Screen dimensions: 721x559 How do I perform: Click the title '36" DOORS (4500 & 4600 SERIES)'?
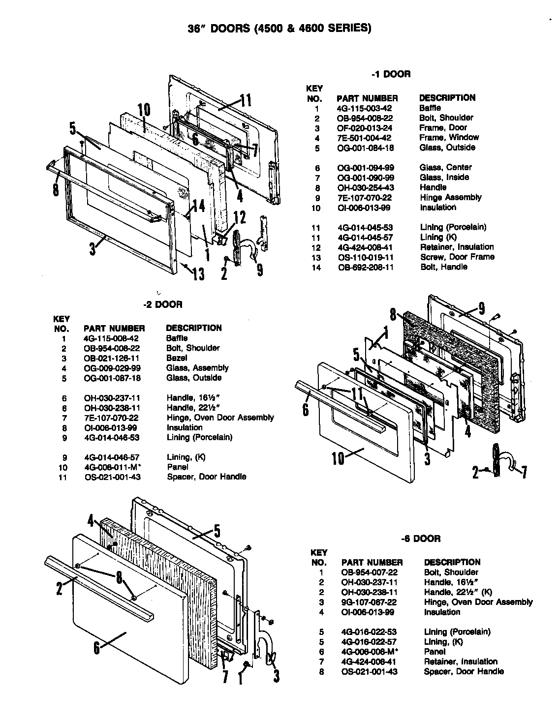(279, 28)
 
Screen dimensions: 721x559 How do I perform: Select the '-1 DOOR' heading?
(391, 74)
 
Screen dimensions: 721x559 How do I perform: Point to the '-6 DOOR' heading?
(420, 539)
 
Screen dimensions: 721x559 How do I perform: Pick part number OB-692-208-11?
(365, 267)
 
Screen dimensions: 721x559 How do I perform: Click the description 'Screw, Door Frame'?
(457, 257)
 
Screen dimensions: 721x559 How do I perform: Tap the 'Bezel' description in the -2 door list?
(176, 358)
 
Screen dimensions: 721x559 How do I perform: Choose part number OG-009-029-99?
(112, 368)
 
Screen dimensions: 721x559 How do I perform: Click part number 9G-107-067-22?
(369, 602)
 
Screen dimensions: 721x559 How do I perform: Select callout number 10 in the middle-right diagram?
(338, 458)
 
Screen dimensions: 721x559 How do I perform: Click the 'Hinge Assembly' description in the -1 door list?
(450, 197)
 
